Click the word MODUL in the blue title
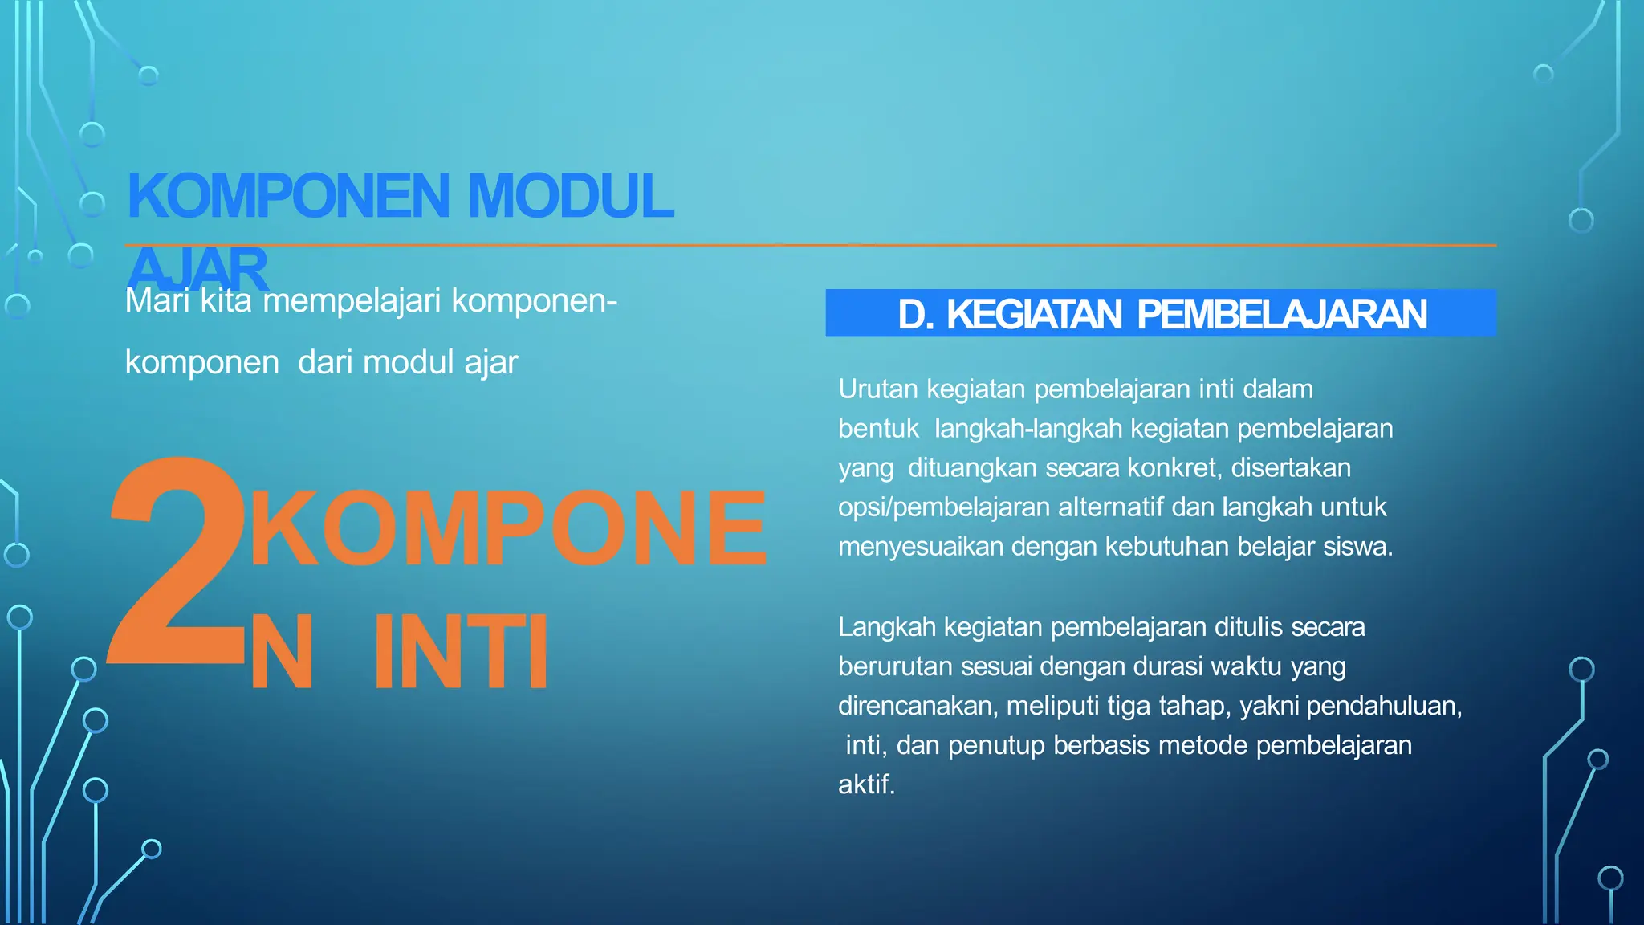570,196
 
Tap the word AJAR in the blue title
197,269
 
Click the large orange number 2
177,562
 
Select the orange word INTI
461,651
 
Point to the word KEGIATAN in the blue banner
1034,314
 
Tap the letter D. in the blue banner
915,314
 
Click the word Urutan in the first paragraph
877,389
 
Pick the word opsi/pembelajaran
944,507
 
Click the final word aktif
865,784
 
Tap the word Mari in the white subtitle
157,301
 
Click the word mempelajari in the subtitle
352,301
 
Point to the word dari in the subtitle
325,363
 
